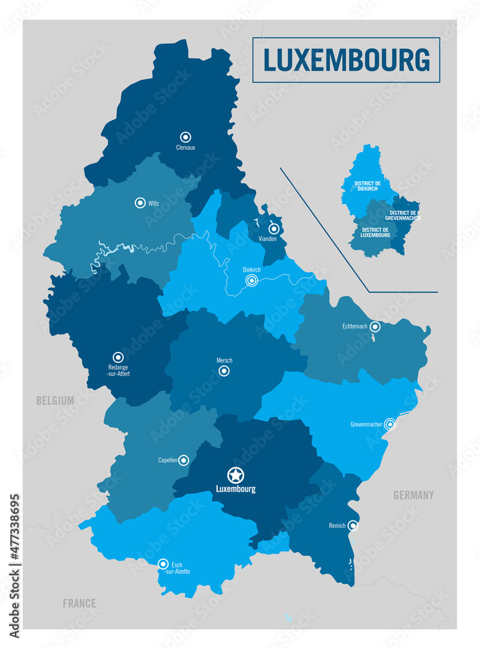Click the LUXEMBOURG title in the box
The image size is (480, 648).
(x=346, y=60)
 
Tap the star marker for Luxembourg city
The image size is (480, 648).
(x=235, y=474)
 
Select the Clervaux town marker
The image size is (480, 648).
(x=186, y=137)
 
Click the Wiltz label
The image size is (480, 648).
(x=154, y=203)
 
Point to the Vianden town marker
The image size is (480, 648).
(x=274, y=228)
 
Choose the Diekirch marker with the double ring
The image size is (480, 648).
(x=251, y=281)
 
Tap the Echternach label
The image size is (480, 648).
(x=355, y=327)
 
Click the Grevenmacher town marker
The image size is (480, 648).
(x=390, y=424)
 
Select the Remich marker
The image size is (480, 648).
(x=352, y=526)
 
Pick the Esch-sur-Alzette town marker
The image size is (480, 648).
(x=163, y=564)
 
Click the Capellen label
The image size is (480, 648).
(x=167, y=460)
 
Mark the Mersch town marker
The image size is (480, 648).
(x=224, y=371)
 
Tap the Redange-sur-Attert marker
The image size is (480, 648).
(x=118, y=357)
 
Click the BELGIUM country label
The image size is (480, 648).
(x=55, y=401)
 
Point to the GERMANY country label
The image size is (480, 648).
(x=413, y=496)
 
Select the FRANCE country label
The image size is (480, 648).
(x=79, y=603)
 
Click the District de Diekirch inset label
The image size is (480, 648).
(x=367, y=186)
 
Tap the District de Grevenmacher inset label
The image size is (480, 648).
(x=405, y=215)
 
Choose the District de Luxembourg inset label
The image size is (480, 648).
(x=376, y=232)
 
